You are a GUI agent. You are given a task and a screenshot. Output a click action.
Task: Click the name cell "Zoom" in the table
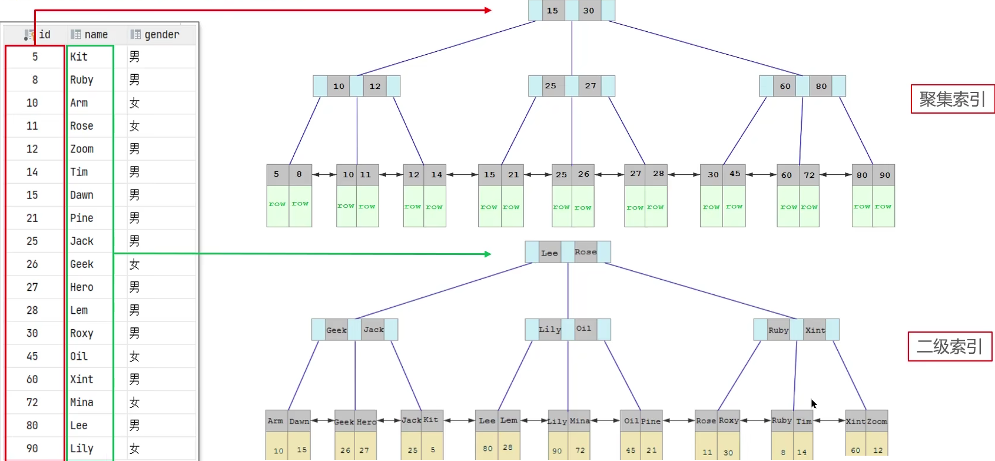[x=82, y=149]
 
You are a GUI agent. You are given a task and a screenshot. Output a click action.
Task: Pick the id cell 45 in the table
[x=32, y=356]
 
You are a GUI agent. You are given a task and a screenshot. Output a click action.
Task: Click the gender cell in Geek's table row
[x=135, y=264]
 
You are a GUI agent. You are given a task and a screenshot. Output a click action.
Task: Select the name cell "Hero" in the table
[x=82, y=287]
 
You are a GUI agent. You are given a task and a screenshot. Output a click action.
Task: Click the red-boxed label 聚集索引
[x=952, y=99]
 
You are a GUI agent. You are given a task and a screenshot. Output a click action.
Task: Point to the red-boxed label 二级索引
[x=950, y=346]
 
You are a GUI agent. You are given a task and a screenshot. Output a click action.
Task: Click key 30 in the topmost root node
[x=589, y=11]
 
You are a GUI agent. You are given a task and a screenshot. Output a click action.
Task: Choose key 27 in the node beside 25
[x=590, y=86]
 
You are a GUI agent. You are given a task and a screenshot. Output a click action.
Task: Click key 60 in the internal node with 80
[x=785, y=86]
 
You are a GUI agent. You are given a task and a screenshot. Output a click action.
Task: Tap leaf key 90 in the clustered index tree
[x=884, y=175]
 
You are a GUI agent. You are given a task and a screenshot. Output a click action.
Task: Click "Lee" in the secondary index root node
[x=549, y=253]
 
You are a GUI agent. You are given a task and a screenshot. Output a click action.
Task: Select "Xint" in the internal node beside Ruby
[x=815, y=330]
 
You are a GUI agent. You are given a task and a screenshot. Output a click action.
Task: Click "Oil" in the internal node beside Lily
[x=583, y=329]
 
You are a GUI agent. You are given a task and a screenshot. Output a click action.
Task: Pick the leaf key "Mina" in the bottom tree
[x=579, y=421]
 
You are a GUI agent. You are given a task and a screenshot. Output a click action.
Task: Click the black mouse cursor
[x=813, y=403]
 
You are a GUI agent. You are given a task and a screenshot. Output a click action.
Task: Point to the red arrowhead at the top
[x=488, y=10]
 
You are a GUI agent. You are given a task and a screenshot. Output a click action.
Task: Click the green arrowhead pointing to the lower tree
[x=488, y=254]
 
